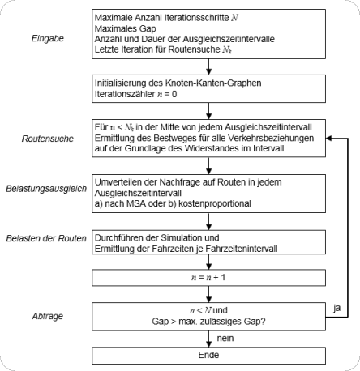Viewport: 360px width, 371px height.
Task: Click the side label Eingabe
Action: coord(48,38)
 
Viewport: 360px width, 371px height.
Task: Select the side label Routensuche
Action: coord(48,139)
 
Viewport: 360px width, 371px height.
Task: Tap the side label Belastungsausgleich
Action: coord(46,189)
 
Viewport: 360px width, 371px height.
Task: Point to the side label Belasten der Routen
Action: coord(46,238)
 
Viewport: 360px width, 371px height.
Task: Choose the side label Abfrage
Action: coord(48,316)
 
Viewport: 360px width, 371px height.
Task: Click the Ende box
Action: coord(208,356)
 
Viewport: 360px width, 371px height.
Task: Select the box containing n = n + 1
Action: coord(208,278)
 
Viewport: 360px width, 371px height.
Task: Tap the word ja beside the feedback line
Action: coord(336,308)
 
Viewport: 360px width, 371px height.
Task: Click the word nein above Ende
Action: coord(225,338)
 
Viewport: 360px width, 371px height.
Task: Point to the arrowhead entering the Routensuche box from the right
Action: coord(328,138)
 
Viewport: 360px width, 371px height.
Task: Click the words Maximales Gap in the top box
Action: coord(125,28)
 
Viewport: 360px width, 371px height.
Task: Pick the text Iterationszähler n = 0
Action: coord(135,94)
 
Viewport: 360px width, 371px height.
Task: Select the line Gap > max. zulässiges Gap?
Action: coord(208,322)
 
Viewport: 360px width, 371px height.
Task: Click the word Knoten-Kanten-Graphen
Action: coord(213,83)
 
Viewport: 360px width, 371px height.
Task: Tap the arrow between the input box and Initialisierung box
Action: coord(208,66)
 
